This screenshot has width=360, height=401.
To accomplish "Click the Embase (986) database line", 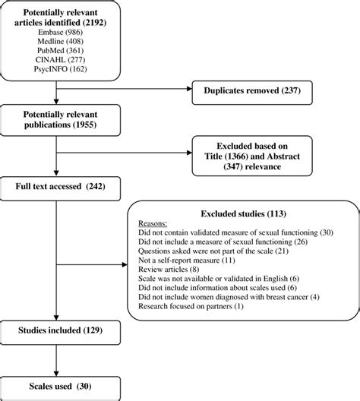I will (58, 35).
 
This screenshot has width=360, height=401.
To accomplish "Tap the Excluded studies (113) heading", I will (235, 213).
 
